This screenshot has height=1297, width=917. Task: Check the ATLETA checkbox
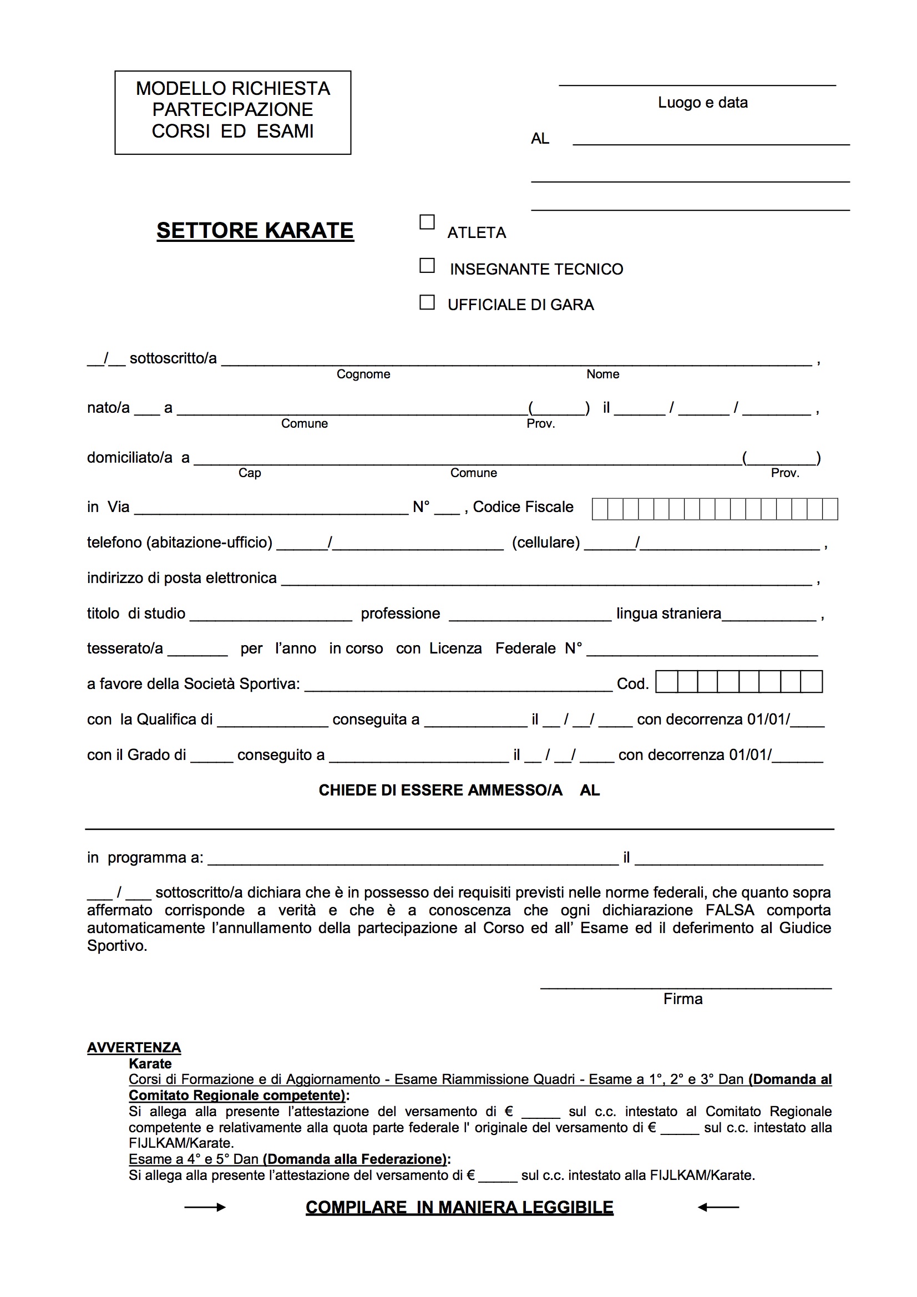tap(427, 222)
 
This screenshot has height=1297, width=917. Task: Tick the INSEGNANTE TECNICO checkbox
tap(427, 266)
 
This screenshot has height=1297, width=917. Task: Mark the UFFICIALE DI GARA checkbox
tap(427, 302)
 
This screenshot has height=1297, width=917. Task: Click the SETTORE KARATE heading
tap(255, 230)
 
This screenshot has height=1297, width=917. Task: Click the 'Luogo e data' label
tap(702, 103)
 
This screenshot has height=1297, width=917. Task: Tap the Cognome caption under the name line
tap(363, 374)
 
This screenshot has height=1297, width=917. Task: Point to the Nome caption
tap(602, 374)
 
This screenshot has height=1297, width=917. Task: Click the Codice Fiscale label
tap(523, 507)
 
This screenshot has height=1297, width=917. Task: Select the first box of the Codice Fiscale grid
tap(600, 509)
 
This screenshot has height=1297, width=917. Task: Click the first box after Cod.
tap(667, 682)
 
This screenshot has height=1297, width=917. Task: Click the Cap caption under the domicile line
tap(249, 473)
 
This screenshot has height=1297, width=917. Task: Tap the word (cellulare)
tap(546, 543)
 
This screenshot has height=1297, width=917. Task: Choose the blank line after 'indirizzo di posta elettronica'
tap(546, 582)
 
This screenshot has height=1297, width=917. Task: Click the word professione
tap(400, 614)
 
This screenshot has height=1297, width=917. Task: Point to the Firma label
tap(682, 999)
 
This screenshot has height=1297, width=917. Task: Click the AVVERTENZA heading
tap(134, 1048)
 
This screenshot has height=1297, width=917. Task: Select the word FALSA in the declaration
tap(729, 910)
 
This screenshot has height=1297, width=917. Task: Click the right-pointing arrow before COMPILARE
tap(205, 1208)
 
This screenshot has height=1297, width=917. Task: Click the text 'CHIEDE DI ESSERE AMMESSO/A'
tap(440, 791)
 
